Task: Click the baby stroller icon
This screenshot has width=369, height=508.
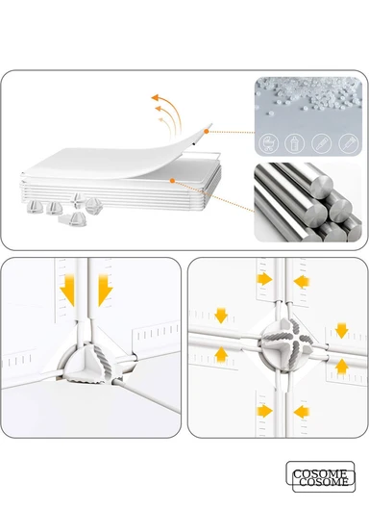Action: coord(269,142)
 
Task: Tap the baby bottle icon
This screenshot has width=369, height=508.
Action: coord(295,142)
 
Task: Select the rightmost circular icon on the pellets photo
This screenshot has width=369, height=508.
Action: coord(348,142)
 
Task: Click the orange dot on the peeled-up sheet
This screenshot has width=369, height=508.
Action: coord(207,131)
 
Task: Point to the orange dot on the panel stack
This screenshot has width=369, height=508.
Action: coord(173,181)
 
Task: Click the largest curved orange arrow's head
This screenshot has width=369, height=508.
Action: coord(155,97)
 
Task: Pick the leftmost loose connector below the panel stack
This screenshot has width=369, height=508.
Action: coord(35,207)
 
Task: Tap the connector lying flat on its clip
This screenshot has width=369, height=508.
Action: coord(72,219)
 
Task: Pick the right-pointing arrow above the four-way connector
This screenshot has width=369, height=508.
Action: coord(265,279)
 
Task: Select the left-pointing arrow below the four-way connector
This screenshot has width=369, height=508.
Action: coord(302,412)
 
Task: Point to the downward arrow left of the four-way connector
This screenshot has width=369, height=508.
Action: coord(221,316)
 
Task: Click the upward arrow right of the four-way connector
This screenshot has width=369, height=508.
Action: coord(341,367)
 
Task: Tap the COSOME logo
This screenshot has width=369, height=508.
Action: coord(320,476)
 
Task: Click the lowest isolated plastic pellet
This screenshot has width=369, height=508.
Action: coord(271,114)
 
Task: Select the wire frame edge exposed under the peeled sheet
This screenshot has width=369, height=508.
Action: coord(202,154)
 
